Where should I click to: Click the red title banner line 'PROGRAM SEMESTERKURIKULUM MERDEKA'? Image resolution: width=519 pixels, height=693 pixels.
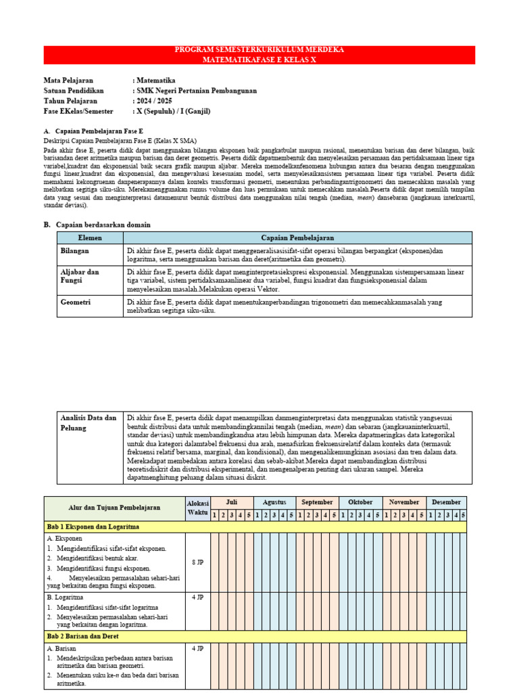pos(259,50)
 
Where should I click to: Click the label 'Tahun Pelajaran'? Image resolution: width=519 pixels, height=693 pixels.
pos(71,101)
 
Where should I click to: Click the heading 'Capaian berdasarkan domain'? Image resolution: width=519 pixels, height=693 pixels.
pos(103,225)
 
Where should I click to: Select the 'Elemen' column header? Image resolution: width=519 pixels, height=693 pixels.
pos(90,238)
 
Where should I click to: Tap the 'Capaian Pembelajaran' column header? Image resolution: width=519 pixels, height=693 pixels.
pos(297,238)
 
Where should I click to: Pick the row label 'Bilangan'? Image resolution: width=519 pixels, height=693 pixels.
pos(76,250)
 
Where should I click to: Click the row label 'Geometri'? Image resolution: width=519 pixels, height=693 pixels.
pos(76,303)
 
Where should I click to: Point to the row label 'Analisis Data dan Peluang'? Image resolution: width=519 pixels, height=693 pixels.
pos(88,423)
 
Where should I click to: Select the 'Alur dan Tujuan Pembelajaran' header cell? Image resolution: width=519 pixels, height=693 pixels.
pos(114,507)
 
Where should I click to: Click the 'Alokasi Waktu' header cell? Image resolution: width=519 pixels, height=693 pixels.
pos(197,508)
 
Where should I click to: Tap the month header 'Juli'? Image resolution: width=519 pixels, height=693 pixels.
pos(231,502)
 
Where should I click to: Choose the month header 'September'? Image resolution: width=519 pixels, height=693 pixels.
pos(317,502)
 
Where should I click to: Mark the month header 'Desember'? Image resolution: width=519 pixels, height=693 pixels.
pos(446,502)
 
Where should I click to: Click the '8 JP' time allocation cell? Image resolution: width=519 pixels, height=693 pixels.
pos(197,562)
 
